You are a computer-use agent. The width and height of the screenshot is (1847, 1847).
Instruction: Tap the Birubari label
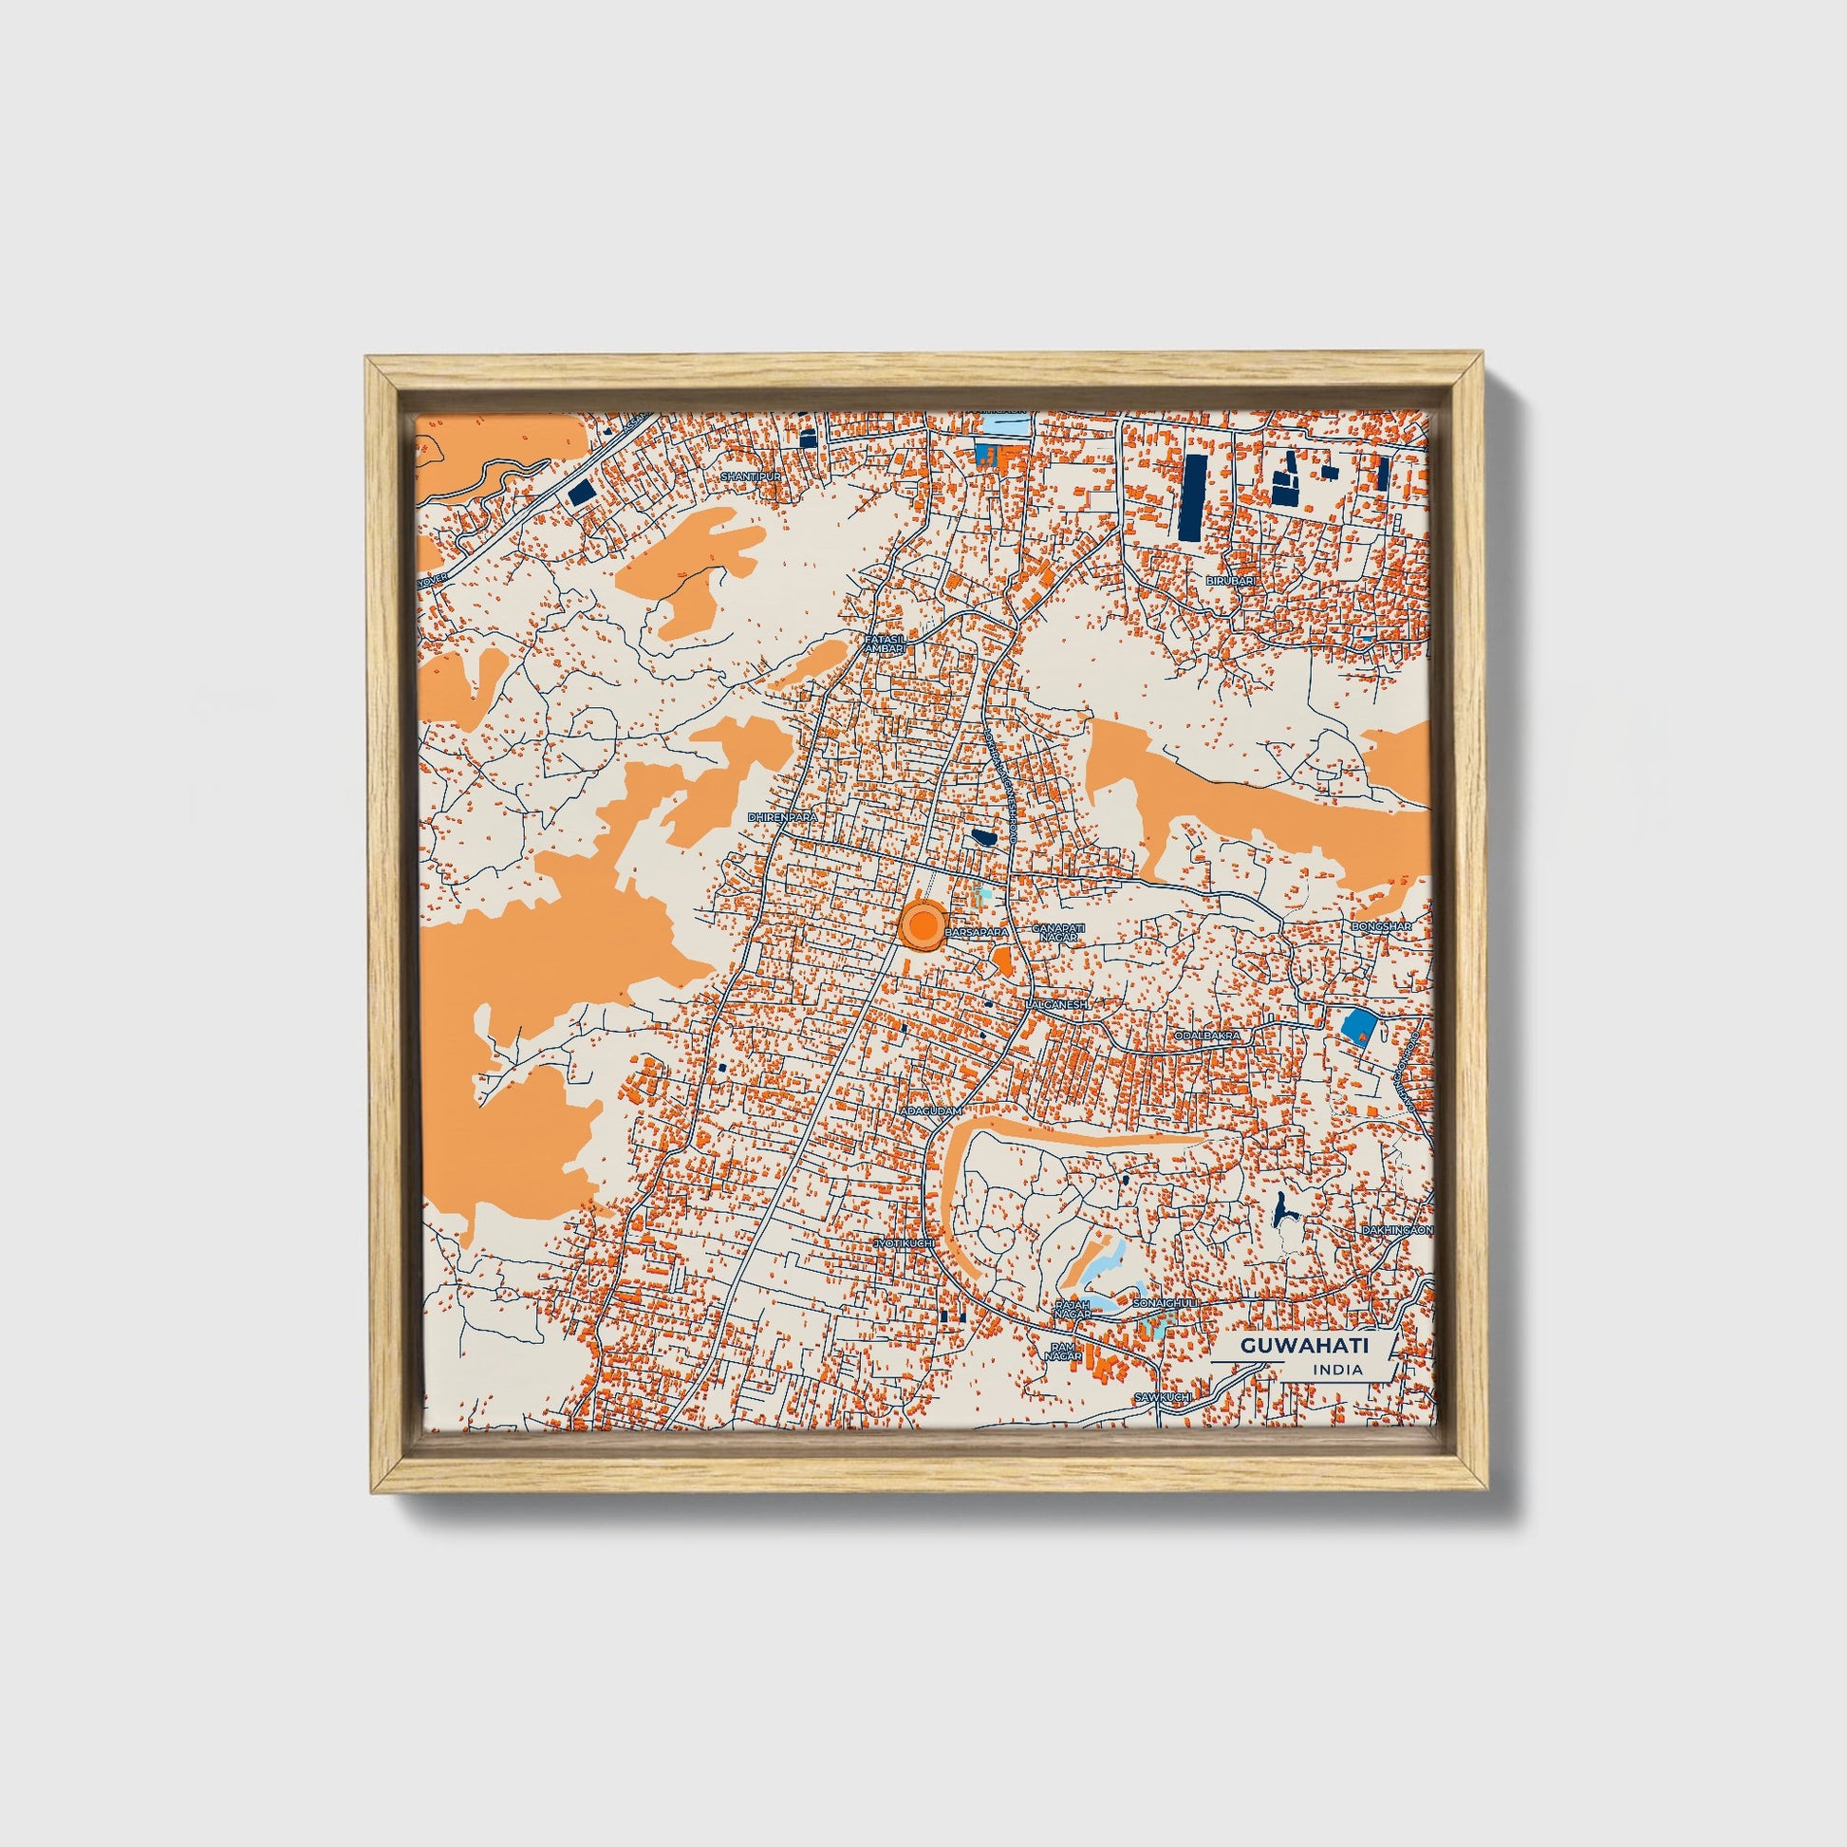pos(1228,580)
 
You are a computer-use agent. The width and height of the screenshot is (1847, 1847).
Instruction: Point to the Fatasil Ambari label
pos(885,644)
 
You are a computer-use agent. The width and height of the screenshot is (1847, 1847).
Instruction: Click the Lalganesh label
pos(1056,1006)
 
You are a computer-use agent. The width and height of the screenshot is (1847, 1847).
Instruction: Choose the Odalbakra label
pos(1207,1035)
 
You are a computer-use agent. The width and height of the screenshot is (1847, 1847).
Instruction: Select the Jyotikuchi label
pos(903,1243)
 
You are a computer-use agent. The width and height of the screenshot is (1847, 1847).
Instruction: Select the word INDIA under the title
pos(1337,1370)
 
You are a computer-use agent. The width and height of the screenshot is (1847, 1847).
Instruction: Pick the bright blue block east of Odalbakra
pos(1358,1026)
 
